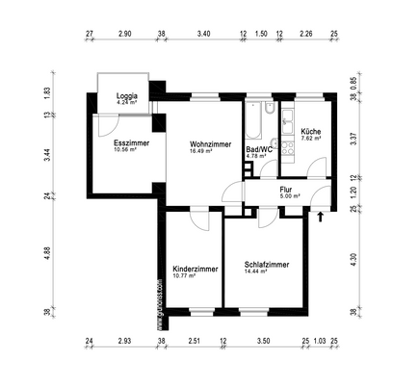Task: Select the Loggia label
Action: click(127, 96)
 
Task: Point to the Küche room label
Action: click(310, 131)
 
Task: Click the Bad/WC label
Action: click(259, 149)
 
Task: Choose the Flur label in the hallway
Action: click(286, 190)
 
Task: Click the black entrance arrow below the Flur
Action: click(320, 217)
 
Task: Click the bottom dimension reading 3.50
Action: click(263, 342)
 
